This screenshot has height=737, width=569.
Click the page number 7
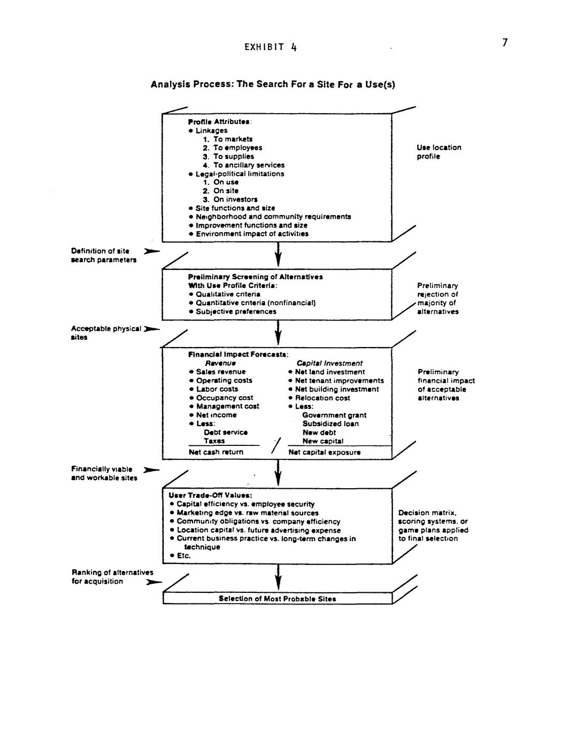pos(505,43)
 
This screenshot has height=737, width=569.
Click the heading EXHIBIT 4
pos(270,47)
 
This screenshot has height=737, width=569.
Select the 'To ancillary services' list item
pos(249,165)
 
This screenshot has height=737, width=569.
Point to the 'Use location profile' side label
pos(439,152)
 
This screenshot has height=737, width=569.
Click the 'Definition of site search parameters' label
pos(103,255)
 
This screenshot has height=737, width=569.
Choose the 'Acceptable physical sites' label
pos(105,333)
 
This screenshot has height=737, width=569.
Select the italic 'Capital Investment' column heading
pos(329,363)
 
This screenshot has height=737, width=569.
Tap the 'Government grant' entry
pos(334,415)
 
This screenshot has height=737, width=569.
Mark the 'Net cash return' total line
pos(216,452)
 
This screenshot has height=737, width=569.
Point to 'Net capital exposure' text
pos(325,452)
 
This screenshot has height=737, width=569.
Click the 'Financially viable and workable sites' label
pos(104,473)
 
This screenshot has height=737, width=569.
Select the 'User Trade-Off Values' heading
pos(210,495)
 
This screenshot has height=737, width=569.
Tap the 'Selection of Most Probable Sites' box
pos(277,599)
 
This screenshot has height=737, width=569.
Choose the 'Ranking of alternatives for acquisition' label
pos(112,577)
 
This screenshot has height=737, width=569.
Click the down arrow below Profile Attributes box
pos(278,254)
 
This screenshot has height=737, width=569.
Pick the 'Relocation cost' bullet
pos(322,398)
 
